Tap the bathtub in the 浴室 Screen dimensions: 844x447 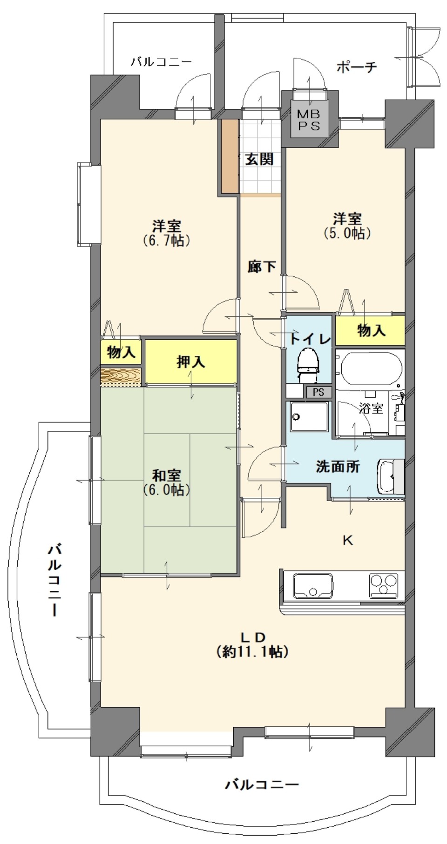tap(371, 367)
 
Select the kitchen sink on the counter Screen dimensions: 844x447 tap(312, 585)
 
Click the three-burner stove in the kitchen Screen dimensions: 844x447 tap(384, 585)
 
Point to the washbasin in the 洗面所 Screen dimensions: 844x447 tap(390, 476)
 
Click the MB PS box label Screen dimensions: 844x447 tap(309, 120)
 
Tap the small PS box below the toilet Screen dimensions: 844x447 tap(318, 392)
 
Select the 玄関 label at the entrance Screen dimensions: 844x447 tap(259, 159)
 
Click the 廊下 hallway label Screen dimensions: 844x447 tap(261, 267)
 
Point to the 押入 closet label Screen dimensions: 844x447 tap(190, 362)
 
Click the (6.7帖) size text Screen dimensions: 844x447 tap(167, 241)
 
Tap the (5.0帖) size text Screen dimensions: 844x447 tap(347, 233)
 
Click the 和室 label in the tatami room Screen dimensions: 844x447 tap(167, 476)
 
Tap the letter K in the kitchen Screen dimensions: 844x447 tap(347, 540)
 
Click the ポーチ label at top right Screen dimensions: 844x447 tap(357, 67)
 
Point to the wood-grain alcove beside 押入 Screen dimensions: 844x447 tap(121, 376)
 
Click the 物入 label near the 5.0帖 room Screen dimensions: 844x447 tap(371, 330)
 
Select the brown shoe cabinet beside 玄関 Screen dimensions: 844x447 tap(230, 156)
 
